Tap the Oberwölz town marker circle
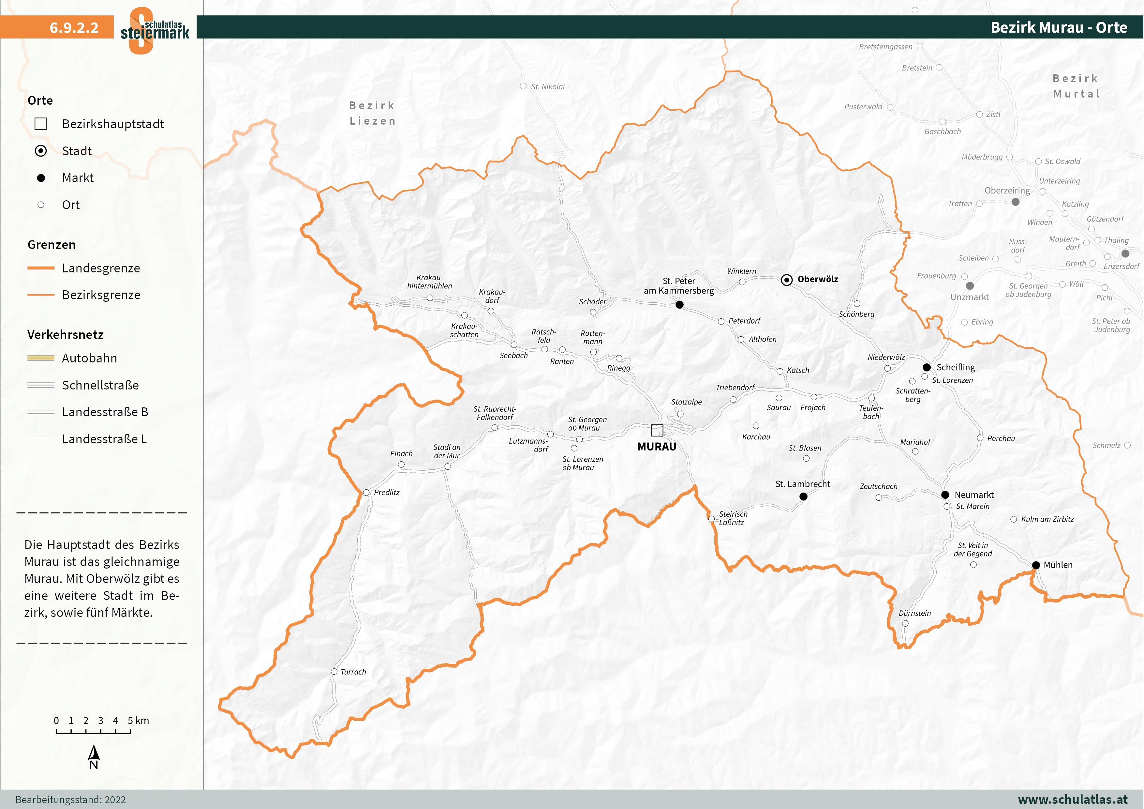pyautogui.click(x=786, y=280)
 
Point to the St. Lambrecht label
pyautogui.click(x=802, y=484)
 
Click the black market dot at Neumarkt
pyautogui.click(x=945, y=495)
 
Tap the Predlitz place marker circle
pyautogui.click(x=366, y=493)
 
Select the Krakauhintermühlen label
pyautogui.click(x=429, y=282)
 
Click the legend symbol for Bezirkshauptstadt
pyautogui.click(x=41, y=124)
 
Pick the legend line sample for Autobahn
pyautogui.click(x=41, y=358)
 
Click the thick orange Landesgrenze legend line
pyautogui.click(x=41, y=268)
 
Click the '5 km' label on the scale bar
pyautogui.click(x=138, y=720)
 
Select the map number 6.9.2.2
pyautogui.click(x=74, y=27)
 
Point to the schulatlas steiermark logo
pyautogui.click(x=155, y=30)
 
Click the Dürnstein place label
pyautogui.click(x=914, y=613)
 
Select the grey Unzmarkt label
pyautogui.click(x=969, y=297)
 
